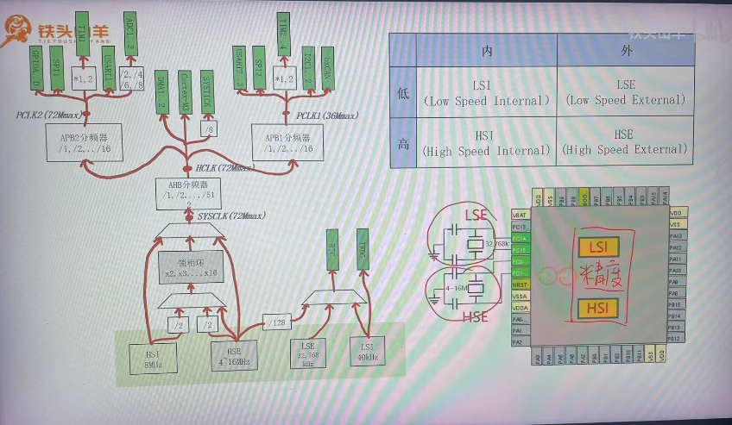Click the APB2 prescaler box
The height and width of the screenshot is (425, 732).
coord(73,141)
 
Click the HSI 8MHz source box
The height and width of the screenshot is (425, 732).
coord(155,358)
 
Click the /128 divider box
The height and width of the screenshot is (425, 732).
coord(275,322)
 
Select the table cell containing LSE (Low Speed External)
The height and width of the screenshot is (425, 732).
coord(626,91)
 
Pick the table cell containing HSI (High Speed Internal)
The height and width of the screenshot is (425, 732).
coord(487,142)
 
